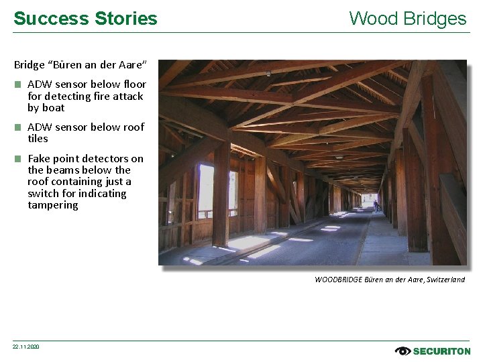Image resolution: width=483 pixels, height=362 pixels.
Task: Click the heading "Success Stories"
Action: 85,18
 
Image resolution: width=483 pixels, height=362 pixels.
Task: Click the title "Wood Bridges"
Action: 407,18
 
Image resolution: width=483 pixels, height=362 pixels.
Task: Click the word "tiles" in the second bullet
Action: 38,139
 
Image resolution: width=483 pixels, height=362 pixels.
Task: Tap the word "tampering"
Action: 53,205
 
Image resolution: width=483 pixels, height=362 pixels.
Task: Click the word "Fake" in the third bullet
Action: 39,159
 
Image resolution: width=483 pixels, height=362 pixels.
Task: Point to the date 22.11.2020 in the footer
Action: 26,347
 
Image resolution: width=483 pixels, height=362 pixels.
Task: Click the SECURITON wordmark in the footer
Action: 441,351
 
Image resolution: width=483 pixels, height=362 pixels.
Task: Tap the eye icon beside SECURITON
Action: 402,351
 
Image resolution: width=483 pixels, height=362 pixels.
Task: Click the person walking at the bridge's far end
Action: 376,206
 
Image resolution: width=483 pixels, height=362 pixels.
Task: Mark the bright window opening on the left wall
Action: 206,190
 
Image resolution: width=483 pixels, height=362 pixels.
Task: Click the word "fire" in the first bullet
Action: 84,97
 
